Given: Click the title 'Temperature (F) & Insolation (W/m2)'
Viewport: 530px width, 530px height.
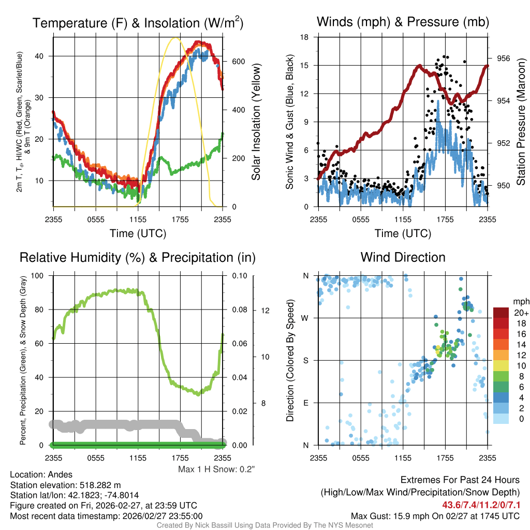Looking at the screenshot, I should [x=138, y=23].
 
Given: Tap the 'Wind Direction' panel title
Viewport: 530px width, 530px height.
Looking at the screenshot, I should [x=403, y=257].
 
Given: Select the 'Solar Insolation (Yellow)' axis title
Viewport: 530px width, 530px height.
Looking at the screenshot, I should [x=256, y=122].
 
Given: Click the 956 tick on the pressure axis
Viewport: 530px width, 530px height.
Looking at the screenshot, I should [x=503, y=58].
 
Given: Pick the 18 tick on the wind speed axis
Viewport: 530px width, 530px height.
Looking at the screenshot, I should [x=305, y=37].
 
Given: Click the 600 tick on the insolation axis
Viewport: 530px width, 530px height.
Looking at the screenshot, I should [x=238, y=61].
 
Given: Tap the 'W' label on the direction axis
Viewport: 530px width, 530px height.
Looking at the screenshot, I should [x=305, y=318].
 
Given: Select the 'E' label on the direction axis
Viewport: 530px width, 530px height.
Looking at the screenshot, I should [x=305, y=403].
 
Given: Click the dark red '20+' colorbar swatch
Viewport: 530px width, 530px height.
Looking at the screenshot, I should [x=500, y=313].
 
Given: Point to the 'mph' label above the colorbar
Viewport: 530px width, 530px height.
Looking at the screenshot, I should [x=520, y=301].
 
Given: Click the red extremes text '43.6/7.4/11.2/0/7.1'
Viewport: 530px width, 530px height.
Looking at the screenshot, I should [x=481, y=505].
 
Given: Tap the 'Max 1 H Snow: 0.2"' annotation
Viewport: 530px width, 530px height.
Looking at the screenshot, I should [x=216, y=469].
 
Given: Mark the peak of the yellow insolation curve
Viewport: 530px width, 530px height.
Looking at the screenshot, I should [x=176, y=38].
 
